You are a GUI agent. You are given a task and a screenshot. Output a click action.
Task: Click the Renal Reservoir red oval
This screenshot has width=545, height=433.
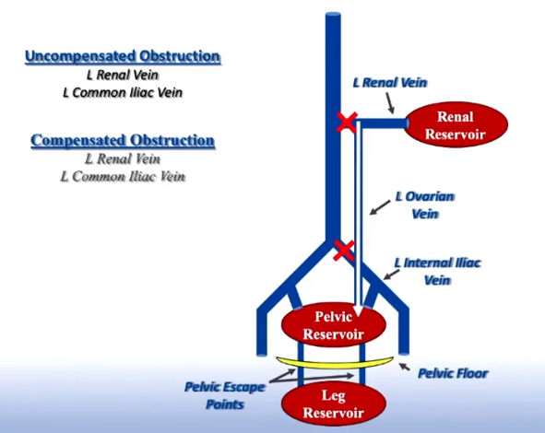click(x=456, y=124)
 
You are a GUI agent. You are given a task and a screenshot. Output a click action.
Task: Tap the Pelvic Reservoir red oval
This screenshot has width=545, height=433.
click(x=333, y=325)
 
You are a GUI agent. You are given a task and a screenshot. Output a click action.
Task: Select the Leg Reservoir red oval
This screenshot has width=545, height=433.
click(x=333, y=404)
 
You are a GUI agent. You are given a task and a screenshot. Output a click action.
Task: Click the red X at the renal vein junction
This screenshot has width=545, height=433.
click(x=347, y=123)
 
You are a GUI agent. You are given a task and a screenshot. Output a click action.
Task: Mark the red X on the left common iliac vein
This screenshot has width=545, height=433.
click(x=343, y=251)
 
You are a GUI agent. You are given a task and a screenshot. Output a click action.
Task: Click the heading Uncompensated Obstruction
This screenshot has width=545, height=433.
click(x=123, y=56)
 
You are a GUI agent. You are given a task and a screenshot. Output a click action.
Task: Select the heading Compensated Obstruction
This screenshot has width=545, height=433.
click(x=123, y=141)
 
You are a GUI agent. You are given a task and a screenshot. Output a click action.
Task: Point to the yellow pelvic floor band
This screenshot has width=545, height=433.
click(x=335, y=362)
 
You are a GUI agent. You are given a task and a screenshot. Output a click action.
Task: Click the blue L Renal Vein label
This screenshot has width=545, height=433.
click(x=390, y=83)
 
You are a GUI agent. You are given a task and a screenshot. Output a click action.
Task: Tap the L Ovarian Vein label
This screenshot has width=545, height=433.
click(x=425, y=205)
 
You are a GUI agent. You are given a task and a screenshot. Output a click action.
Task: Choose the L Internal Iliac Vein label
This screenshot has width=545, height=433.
click(x=437, y=271)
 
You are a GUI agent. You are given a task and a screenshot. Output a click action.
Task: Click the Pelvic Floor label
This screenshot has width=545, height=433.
click(x=453, y=373)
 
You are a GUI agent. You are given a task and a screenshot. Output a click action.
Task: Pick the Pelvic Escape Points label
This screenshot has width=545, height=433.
click(x=224, y=395)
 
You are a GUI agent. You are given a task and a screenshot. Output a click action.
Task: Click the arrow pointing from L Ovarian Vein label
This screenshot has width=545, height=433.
click(x=380, y=207)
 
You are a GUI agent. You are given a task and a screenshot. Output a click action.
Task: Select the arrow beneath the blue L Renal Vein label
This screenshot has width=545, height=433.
click(x=389, y=103)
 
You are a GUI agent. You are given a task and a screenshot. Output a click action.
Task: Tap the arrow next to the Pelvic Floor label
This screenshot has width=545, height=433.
click(x=404, y=367)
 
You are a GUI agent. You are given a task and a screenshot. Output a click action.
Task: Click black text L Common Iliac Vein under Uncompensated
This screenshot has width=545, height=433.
click(x=123, y=93)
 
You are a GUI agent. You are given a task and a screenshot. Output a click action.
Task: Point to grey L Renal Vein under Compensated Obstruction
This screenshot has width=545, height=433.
click(x=123, y=159)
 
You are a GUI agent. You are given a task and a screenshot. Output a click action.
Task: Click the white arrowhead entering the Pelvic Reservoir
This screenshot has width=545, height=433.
click(x=359, y=311)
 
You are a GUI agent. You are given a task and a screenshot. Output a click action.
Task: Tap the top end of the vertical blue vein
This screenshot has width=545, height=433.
click(x=333, y=14)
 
